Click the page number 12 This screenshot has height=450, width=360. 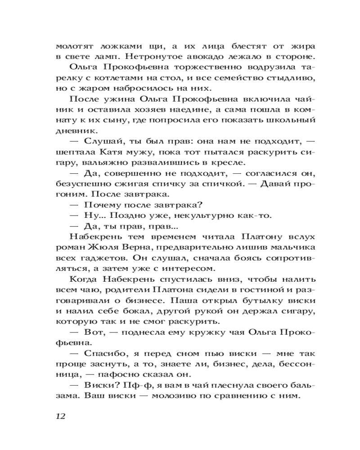61,415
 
